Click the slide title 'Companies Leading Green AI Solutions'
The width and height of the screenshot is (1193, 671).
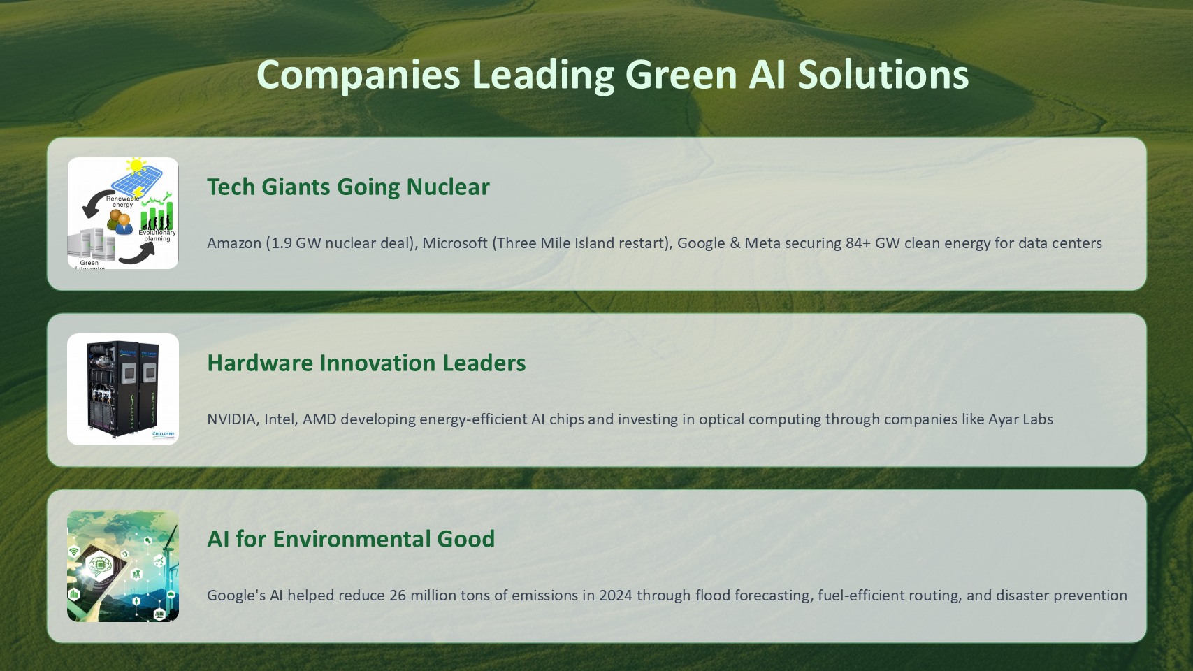[612, 75]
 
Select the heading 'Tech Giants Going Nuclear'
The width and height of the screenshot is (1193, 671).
[348, 187]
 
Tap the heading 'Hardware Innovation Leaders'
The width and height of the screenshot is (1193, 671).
[366, 363]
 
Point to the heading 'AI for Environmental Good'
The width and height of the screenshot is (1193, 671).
[351, 539]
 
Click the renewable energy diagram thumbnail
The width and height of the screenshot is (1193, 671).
[123, 213]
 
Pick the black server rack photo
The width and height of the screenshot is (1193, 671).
[123, 389]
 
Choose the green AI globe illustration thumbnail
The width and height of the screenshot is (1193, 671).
[123, 565]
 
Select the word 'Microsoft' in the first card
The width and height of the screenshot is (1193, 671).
[455, 243]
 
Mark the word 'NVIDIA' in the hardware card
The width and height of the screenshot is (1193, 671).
[233, 419]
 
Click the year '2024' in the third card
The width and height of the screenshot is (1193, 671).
[615, 596]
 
